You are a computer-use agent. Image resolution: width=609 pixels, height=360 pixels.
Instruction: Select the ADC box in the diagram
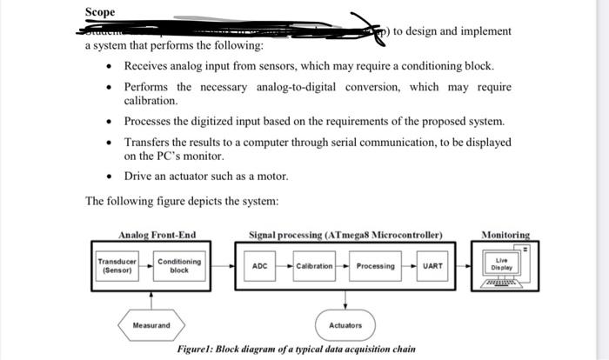259,265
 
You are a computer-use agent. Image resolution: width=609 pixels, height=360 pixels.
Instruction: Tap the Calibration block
315,265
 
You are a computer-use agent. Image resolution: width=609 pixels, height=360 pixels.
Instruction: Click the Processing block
376,265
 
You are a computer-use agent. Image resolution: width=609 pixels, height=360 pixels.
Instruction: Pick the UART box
432,265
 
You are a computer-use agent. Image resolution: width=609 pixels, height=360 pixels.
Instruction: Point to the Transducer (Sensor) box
117,265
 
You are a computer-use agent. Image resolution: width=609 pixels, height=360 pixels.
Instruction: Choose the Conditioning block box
179,265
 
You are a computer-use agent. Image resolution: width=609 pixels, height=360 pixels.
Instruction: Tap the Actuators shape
345,324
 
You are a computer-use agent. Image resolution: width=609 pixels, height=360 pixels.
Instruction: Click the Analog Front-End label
157,235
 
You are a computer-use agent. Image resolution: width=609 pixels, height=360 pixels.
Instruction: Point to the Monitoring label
505,235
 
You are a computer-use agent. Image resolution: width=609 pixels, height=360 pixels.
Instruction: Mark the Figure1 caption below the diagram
296,349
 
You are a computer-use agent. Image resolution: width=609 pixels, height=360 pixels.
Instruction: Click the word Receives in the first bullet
149,66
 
